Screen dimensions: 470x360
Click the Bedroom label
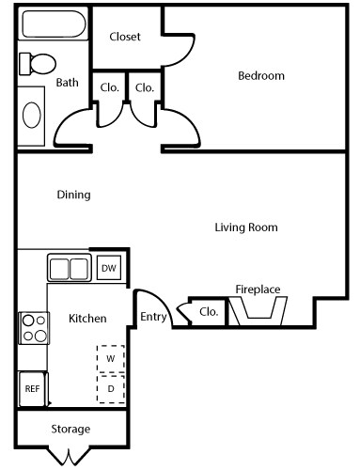(260, 76)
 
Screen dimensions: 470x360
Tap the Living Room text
(246, 227)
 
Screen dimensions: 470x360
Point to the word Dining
(73, 196)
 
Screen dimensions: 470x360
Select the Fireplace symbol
(258, 313)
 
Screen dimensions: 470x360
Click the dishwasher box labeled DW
(108, 268)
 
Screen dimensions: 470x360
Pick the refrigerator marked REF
(31, 387)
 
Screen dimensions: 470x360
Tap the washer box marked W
(110, 359)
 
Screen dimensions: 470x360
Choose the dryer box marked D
(110, 387)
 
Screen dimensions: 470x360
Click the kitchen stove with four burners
(34, 327)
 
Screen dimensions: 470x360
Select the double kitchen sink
(69, 268)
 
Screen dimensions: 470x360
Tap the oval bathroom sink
(32, 116)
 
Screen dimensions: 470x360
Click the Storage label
(70, 430)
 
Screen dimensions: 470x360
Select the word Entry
(153, 317)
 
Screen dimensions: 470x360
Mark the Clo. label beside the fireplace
(209, 312)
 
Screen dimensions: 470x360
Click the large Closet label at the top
(125, 37)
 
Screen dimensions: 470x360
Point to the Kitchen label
(87, 319)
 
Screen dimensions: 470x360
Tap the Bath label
(67, 83)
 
